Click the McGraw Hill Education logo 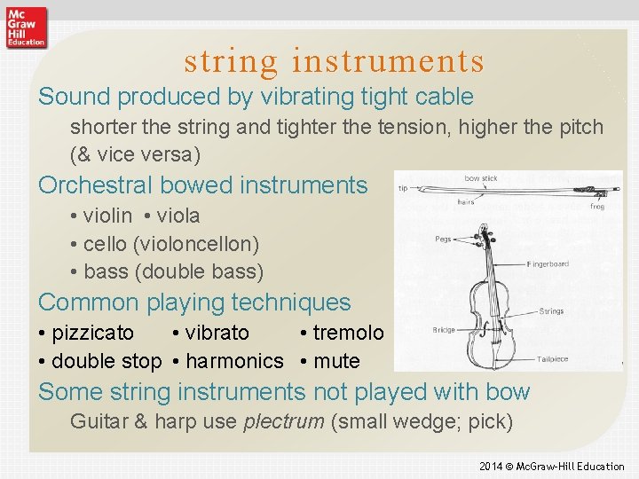pyautogui.click(x=25, y=27)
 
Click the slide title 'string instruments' pyautogui.click(x=334, y=61)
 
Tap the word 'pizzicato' pyautogui.click(x=93, y=333)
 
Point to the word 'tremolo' pyautogui.click(x=348, y=333)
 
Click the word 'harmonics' pyautogui.click(x=234, y=361)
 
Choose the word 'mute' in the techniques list pyautogui.click(x=336, y=361)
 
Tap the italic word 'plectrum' pyautogui.click(x=283, y=420)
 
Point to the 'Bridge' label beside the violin pyautogui.click(x=445, y=330)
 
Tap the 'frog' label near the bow pyautogui.click(x=597, y=207)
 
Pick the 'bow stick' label pyautogui.click(x=481, y=178)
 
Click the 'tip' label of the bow pyautogui.click(x=403, y=188)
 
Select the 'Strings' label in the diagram pyautogui.click(x=551, y=311)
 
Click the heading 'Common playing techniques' pyautogui.click(x=194, y=302)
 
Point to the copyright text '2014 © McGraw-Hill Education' pyautogui.click(x=551, y=466)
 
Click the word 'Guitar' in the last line pyautogui.click(x=99, y=420)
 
